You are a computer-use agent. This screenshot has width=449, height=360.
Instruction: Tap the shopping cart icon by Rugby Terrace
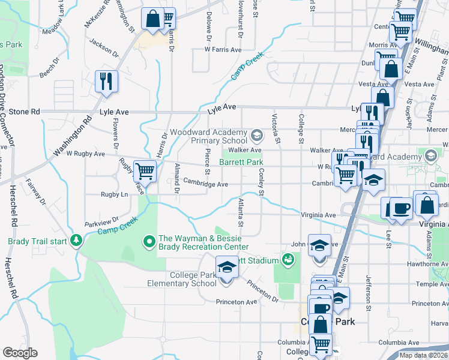coord(145,171)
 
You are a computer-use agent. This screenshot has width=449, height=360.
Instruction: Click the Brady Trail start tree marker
coord(76,241)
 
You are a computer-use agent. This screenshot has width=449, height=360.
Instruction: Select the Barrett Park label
coord(241,162)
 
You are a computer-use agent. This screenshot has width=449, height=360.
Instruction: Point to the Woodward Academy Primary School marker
coord(258,133)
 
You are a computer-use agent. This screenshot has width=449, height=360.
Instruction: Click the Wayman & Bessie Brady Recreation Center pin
coord(149,242)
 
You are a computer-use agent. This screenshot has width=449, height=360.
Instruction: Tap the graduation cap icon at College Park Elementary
coord(226,267)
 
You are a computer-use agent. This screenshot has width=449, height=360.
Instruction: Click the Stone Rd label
coord(23,112)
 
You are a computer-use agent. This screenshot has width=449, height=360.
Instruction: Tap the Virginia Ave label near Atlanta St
coord(318,214)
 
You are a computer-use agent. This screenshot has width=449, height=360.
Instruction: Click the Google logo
coord(20,353)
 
